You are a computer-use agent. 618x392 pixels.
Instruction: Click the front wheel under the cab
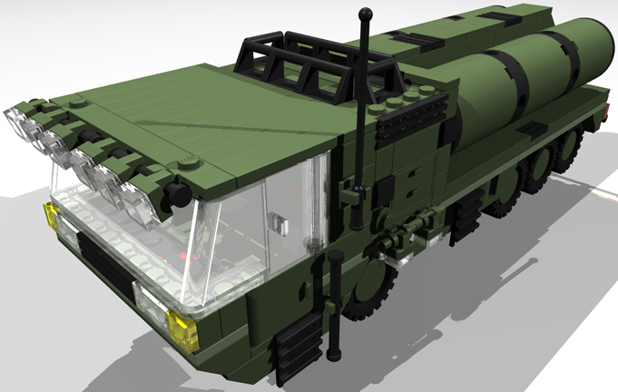pos(368,290)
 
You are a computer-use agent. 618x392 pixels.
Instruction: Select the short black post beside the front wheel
pos(336,299)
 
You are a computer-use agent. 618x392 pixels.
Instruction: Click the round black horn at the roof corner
pos(178,195)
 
